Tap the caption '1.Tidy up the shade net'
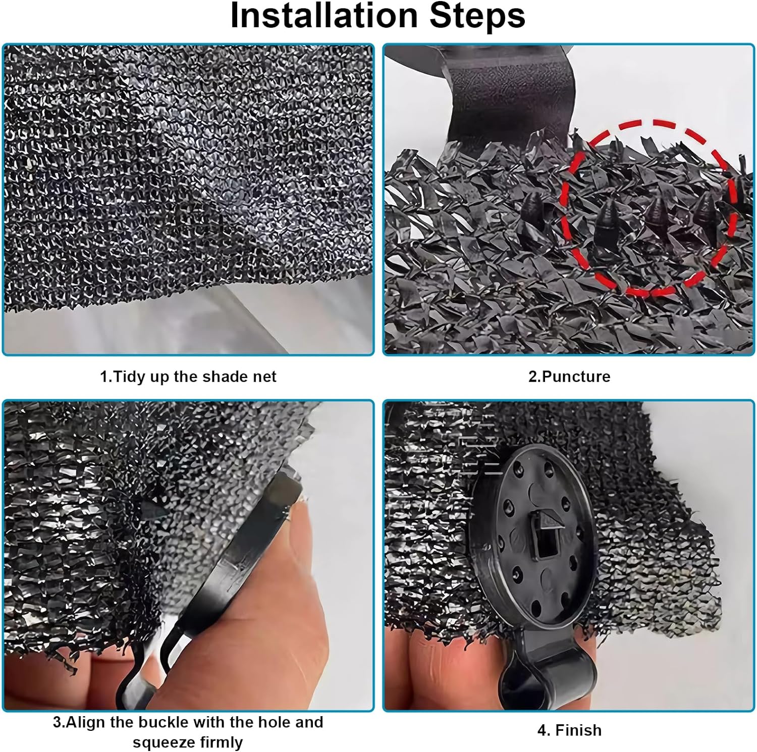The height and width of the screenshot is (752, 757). [188, 377]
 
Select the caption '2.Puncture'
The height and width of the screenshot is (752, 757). [569, 377]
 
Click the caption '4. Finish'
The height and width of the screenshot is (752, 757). [569, 730]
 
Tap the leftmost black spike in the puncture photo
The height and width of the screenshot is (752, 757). [531, 207]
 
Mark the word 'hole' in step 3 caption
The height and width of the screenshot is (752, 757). [274, 722]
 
